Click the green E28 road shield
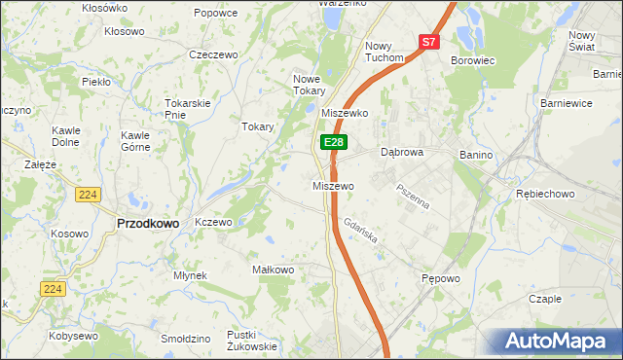tap(334, 142)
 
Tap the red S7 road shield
tap(429, 42)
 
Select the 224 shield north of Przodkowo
tap(87, 195)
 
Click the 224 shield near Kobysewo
tap(53, 288)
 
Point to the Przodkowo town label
tap(147, 223)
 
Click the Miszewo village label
tap(332, 186)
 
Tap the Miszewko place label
tap(344, 113)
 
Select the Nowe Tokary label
tap(307, 85)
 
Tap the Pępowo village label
tap(440, 278)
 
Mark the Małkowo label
tap(273, 270)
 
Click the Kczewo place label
tap(213, 222)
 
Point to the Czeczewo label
tap(214, 54)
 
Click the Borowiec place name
tap(473, 60)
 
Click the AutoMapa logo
tap(558, 341)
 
